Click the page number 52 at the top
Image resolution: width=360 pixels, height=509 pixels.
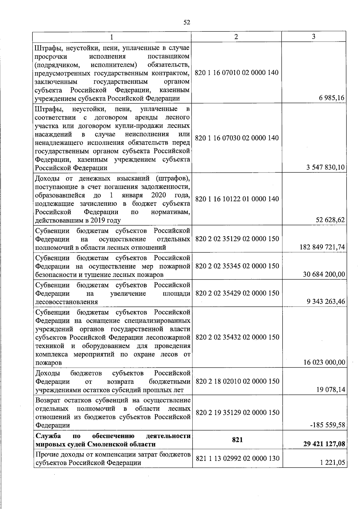tap(187, 22)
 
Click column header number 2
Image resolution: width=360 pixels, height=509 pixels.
tap(236, 37)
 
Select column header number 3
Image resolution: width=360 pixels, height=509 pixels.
tap(313, 37)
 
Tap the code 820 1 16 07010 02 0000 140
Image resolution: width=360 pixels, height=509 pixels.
tap(237, 73)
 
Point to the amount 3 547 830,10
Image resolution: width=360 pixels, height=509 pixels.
tap(325, 167)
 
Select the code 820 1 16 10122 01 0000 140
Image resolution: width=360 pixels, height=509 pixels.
tap(237, 199)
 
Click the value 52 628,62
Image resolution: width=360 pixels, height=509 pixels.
tap(330, 220)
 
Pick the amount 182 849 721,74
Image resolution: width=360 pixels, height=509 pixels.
tap(322, 247)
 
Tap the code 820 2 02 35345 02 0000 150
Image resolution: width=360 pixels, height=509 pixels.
tap(237, 266)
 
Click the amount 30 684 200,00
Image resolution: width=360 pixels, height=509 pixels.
tap(324, 274)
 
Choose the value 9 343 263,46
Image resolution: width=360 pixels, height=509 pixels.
tap(326, 301)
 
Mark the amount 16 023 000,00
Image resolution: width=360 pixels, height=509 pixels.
tap(324, 362)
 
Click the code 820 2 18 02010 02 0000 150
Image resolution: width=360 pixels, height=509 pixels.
tap(237, 381)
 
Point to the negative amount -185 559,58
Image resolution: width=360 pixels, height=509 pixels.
tap(328, 425)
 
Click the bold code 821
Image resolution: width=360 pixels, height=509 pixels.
tap(237, 440)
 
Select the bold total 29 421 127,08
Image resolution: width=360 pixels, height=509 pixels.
tap(324, 444)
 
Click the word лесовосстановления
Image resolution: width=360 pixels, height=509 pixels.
tap(67, 302)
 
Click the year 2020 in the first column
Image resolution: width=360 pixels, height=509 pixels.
tap(159, 195)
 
